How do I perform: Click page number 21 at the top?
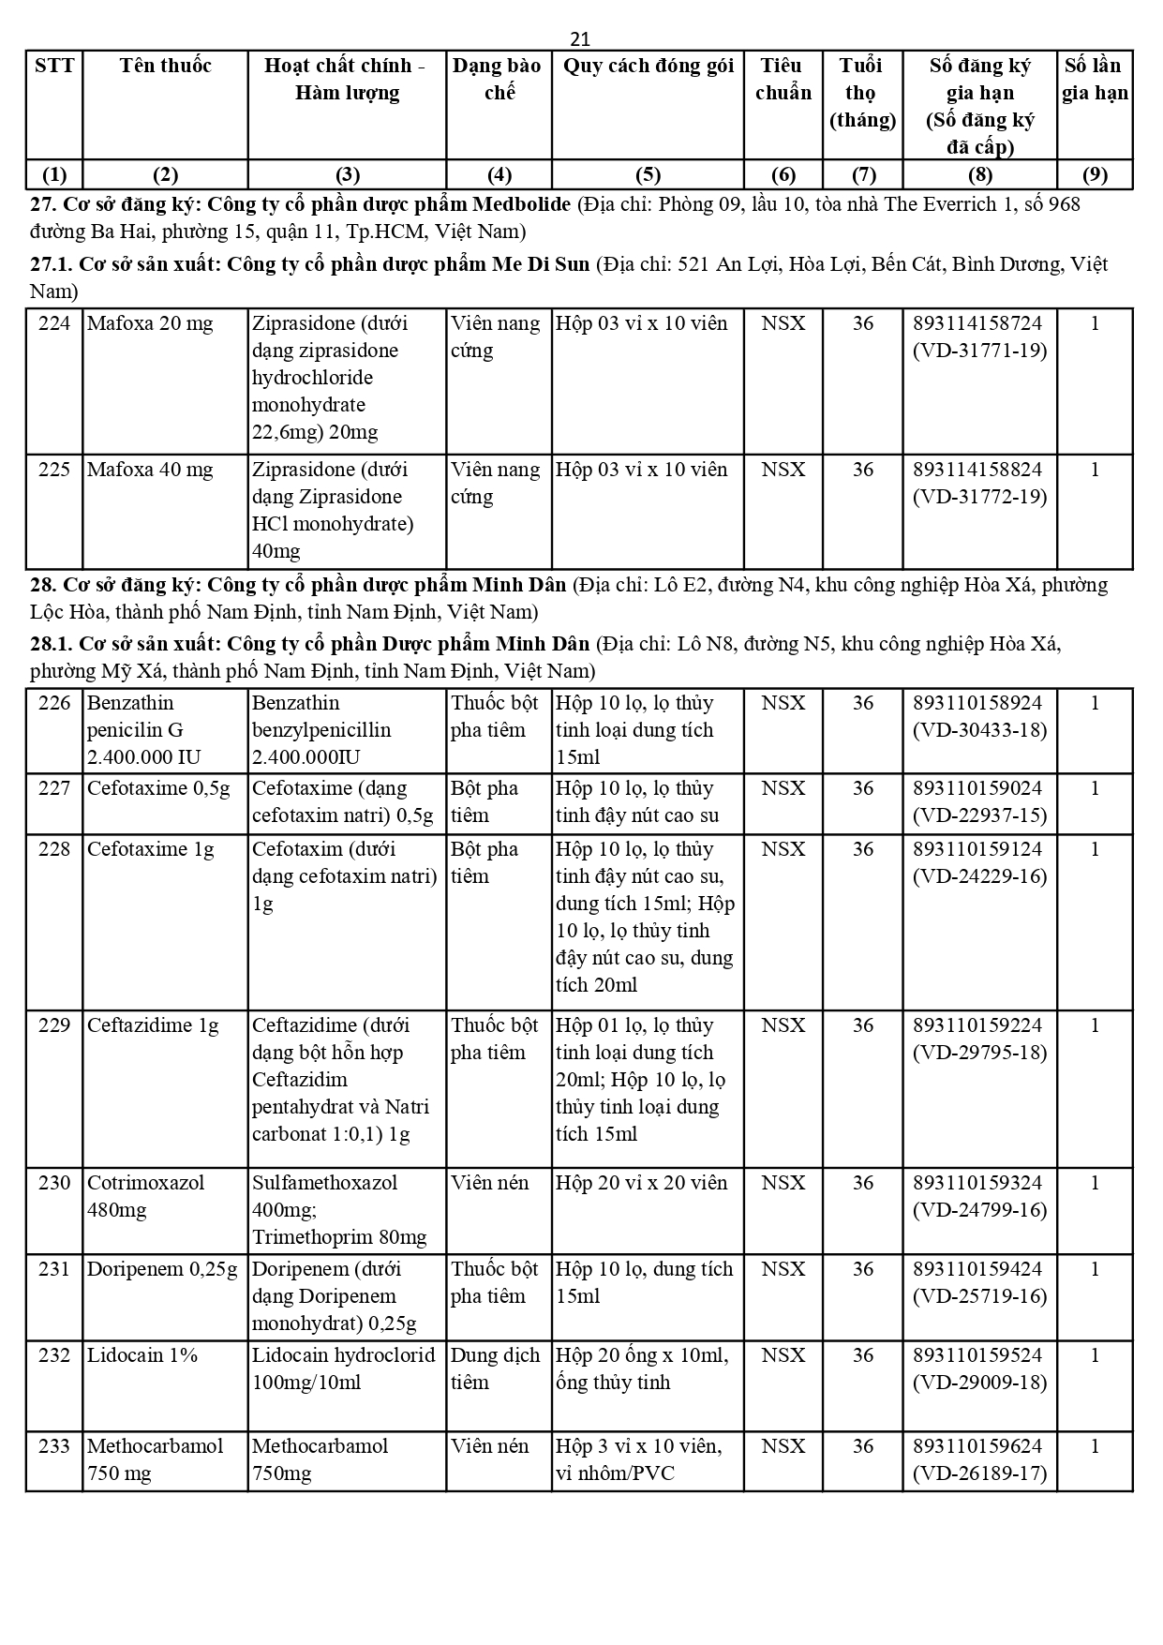point(580,38)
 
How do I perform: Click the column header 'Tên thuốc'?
point(165,66)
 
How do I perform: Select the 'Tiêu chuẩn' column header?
point(783,79)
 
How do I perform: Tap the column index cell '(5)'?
point(648,175)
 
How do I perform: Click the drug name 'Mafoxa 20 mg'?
point(150,324)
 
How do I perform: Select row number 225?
point(54,470)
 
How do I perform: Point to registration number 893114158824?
point(977,470)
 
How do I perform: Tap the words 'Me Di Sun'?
point(541,264)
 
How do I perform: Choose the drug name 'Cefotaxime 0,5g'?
point(158,789)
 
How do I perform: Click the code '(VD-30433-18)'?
point(979,730)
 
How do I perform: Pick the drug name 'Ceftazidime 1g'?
point(153,1026)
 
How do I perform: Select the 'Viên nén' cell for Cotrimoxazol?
point(490,1184)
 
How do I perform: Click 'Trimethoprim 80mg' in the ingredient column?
point(339,1237)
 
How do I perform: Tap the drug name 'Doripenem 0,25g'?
point(162,1270)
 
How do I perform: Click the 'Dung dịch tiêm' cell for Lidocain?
point(495,1369)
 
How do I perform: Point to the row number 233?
point(54,1446)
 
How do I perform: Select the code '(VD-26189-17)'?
point(979,1473)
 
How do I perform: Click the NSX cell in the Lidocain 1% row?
point(783,1356)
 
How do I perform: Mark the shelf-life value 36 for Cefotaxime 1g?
point(862,850)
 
